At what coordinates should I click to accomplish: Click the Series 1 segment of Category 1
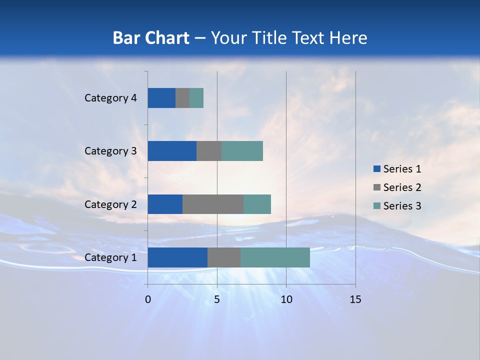point(177,257)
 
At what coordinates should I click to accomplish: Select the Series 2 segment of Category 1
point(224,257)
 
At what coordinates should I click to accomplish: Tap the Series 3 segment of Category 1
point(275,257)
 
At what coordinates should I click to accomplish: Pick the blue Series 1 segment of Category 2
point(165,204)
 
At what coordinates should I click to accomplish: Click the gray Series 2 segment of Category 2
point(213,204)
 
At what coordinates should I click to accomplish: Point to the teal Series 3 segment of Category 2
point(257,204)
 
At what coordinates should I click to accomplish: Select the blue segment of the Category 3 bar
point(172,151)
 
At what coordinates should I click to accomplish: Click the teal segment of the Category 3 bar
point(242,151)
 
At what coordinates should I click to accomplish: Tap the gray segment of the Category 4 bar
point(182,98)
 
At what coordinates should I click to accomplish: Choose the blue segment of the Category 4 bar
point(161,98)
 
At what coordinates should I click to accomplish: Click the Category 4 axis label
point(110,98)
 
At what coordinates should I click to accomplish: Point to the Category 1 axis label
point(110,257)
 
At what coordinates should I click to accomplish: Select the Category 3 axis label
point(110,151)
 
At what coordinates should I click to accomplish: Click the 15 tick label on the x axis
point(355,299)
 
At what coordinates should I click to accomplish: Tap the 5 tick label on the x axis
point(217,299)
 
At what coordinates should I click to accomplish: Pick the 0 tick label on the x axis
point(148,299)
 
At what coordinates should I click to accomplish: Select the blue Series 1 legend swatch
point(376,169)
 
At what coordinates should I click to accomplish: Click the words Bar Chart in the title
point(151,38)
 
